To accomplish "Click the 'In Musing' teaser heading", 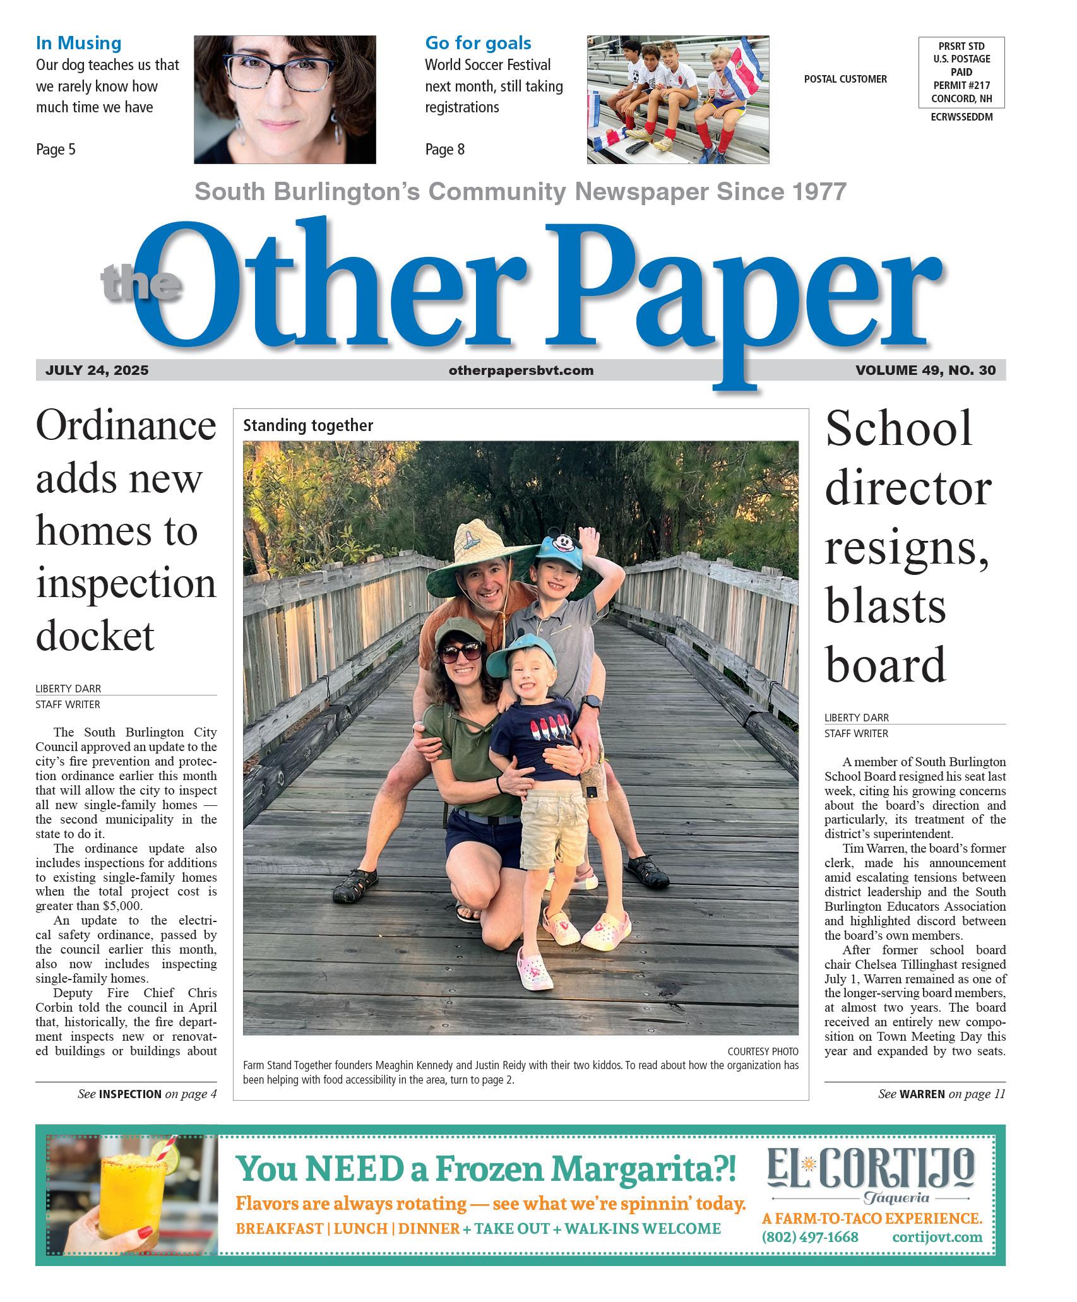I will [78, 44].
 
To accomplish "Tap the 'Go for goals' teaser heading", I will [478, 44].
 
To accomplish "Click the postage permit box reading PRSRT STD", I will [961, 73].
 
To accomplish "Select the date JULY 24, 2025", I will [97, 370].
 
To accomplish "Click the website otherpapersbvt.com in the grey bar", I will [521, 370].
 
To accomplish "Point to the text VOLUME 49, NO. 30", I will [925, 370].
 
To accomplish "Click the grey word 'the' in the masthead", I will [140, 282].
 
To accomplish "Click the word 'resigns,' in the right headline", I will [907, 547].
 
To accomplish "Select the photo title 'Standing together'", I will [308, 426].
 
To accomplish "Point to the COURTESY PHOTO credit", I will [763, 1051].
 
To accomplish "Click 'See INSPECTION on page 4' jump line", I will [147, 1094].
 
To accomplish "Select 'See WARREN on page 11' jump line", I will [941, 1094].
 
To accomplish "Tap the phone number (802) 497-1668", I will [810, 1237].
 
